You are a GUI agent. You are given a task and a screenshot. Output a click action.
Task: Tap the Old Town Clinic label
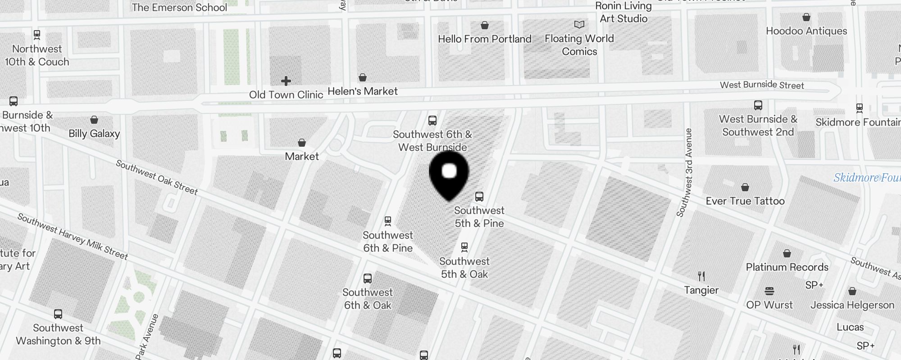286,95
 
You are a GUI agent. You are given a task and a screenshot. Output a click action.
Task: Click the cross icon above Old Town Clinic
286,81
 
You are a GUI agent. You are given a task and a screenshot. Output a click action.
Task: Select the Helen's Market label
363,91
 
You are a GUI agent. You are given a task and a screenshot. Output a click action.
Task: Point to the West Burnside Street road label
762,85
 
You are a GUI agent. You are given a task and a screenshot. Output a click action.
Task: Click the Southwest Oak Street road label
157,177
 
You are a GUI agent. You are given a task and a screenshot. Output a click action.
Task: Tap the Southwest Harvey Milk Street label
73,236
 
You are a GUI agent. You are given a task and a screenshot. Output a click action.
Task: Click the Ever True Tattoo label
745,201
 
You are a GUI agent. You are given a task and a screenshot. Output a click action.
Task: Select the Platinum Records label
787,267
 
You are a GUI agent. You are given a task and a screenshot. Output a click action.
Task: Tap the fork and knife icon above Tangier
701,276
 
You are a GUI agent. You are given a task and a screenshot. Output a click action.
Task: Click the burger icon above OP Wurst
769,291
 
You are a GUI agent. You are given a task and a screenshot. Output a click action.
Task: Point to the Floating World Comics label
579,45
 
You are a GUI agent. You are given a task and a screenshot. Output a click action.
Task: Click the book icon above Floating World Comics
579,24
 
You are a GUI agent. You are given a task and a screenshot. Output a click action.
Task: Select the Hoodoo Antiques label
806,31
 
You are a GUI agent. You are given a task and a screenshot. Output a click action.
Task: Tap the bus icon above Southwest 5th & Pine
479,197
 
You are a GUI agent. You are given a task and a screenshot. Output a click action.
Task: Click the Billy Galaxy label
94,134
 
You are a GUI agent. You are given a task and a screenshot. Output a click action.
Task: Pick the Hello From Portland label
485,39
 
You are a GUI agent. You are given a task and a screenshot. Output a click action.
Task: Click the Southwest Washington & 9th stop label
58,334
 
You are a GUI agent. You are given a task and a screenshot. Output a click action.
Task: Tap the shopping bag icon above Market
302,143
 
